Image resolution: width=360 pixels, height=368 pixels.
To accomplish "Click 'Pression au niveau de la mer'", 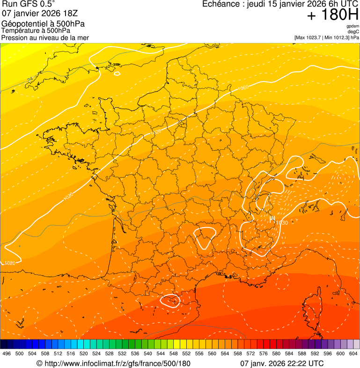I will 45,37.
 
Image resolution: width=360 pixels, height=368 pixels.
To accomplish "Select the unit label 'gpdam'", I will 353,26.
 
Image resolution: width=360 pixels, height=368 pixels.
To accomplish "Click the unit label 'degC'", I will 353,31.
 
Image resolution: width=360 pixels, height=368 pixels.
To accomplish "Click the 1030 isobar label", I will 281,223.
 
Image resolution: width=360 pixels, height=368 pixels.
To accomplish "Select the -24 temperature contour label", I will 30,80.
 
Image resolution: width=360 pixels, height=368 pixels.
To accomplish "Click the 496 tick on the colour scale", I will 7,354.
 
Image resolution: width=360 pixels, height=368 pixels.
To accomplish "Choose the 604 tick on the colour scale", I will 353,354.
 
